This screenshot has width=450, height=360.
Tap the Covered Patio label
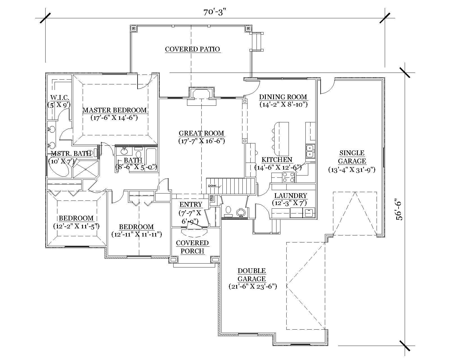(192, 49)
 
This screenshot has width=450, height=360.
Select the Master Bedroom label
(114, 110)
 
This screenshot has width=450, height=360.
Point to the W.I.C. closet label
(60, 98)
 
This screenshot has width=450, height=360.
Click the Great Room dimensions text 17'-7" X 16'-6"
(201, 141)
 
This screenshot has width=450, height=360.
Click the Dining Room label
(283, 97)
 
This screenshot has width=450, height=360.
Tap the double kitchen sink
(310, 151)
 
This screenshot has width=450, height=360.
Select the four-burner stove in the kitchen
(288, 177)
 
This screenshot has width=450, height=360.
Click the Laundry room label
(291, 196)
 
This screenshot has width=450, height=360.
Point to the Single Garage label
(352, 157)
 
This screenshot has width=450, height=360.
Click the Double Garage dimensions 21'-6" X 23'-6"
(253, 287)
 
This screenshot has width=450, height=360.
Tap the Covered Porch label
(192, 247)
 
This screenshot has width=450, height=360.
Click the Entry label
(191, 204)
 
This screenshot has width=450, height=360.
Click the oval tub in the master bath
(60, 168)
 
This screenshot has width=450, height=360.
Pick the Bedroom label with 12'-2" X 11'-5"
(76, 218)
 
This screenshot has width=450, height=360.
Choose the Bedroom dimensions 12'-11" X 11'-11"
(136, 234)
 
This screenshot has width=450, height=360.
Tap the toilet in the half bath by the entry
(228, 210)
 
